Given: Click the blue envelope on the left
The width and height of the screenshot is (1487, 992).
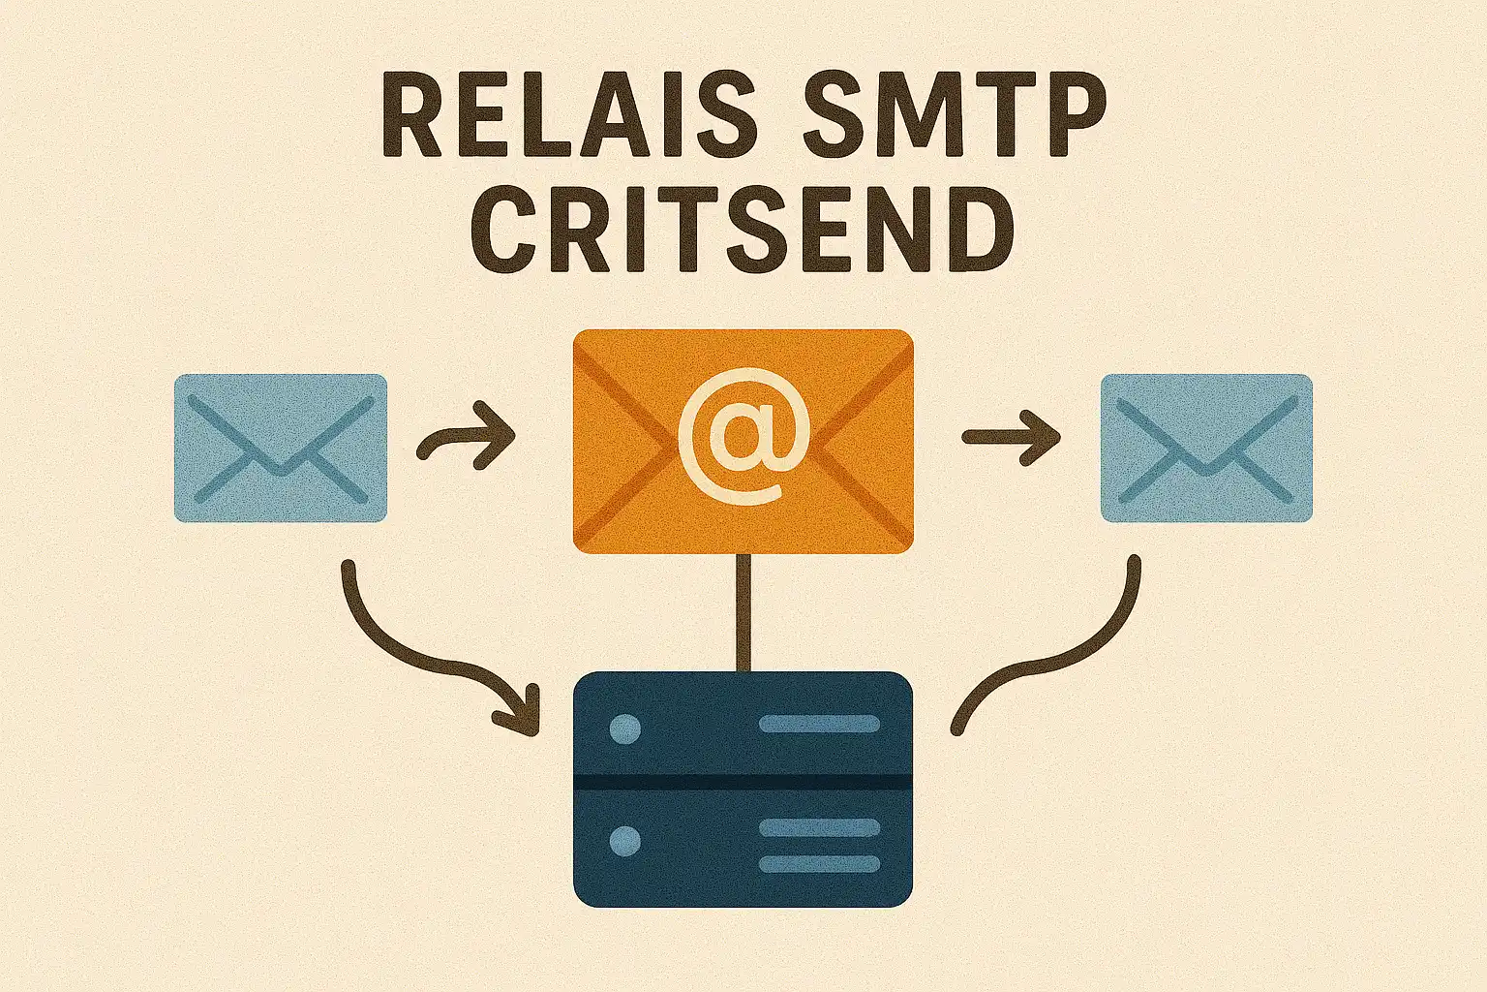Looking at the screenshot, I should click(x=280, y=448).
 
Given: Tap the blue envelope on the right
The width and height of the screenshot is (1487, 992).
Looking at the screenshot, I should click(x=1206, y=448).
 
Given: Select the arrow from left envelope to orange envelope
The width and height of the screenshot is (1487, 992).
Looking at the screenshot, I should click(x=467, y=441).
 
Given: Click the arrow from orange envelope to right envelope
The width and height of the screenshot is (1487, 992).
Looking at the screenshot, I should click(x=1010, y=438).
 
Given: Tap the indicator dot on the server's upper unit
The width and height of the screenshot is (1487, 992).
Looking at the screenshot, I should click(x=625, y=728).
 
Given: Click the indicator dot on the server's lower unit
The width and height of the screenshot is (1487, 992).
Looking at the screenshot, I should click(x=625, y=840).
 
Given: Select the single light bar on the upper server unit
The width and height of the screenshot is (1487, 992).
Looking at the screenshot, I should click(x=819, y=724).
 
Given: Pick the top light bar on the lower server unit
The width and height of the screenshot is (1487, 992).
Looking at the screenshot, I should click(x=819, y=827).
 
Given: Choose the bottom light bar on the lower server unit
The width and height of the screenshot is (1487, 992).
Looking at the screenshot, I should click(x=819, y=863).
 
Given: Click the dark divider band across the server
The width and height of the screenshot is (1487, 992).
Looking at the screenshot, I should click(x=743, y=782).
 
